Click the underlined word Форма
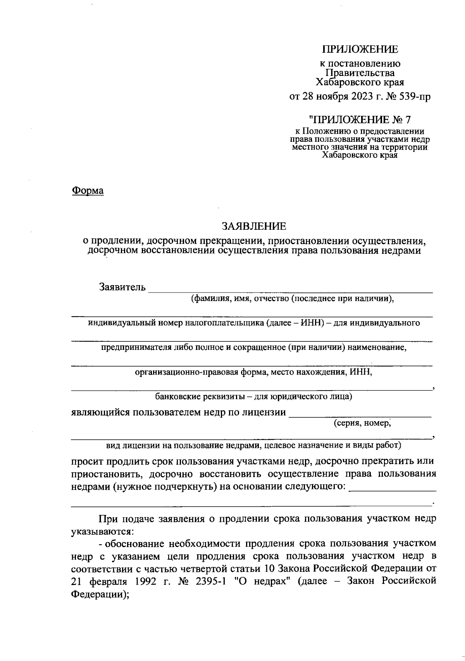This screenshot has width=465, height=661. click(88, 191)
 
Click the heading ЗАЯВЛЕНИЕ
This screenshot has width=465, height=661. click(254, 225)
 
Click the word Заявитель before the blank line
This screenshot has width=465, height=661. click(123, 287)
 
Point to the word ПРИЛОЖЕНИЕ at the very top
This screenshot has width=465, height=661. click(360, 50)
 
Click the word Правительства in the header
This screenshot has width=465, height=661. click(360, 73)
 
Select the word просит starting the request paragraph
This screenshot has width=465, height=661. click(87, 462)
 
